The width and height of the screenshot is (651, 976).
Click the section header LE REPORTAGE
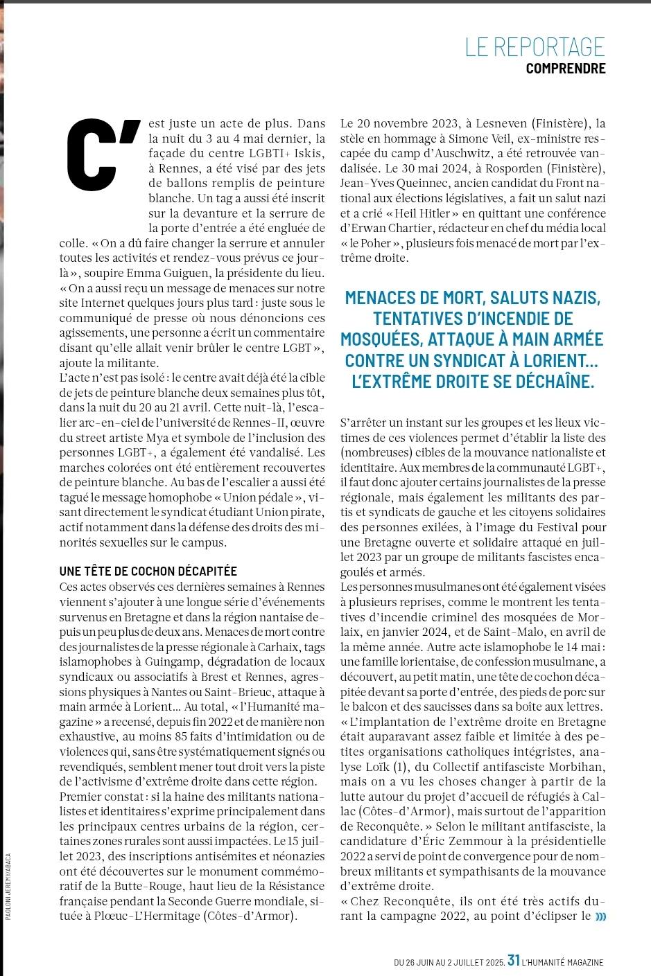535,46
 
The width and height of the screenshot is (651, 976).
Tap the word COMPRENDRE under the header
565,69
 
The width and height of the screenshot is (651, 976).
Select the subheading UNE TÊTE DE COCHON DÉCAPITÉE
148,571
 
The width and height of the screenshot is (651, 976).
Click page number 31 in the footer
514,960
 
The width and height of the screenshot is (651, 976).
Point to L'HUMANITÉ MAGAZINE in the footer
563,962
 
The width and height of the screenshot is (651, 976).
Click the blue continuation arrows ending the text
600,916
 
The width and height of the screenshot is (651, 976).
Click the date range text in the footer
448,962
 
